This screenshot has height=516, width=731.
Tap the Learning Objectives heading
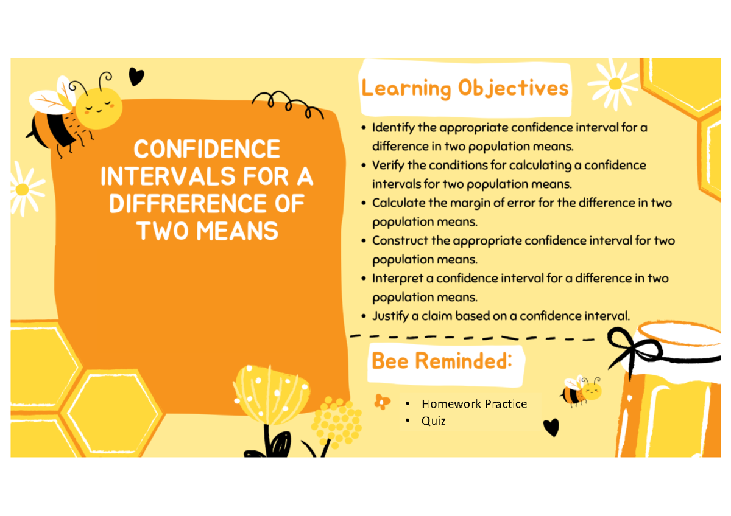(x=465, y=89)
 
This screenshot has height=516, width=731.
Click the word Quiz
(x=433, y=420)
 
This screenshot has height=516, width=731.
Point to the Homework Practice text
(x=474, y=403)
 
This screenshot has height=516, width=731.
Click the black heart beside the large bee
(x=136, y=77)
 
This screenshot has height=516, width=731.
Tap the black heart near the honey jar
(x=551, y=427)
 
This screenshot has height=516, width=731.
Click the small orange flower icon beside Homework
(x=382, y=402)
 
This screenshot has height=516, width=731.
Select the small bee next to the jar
(x=581, y=391)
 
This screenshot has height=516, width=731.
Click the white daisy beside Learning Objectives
(x=615, y=83)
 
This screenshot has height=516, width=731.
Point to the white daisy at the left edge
(x=23, y=189)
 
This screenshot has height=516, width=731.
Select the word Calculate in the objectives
(x=398, y=203)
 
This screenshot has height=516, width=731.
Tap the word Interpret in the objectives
(x=397, y=278)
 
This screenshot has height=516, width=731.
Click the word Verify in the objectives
(x=387, y=166)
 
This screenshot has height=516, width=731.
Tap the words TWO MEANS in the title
(x=206, y=231)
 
